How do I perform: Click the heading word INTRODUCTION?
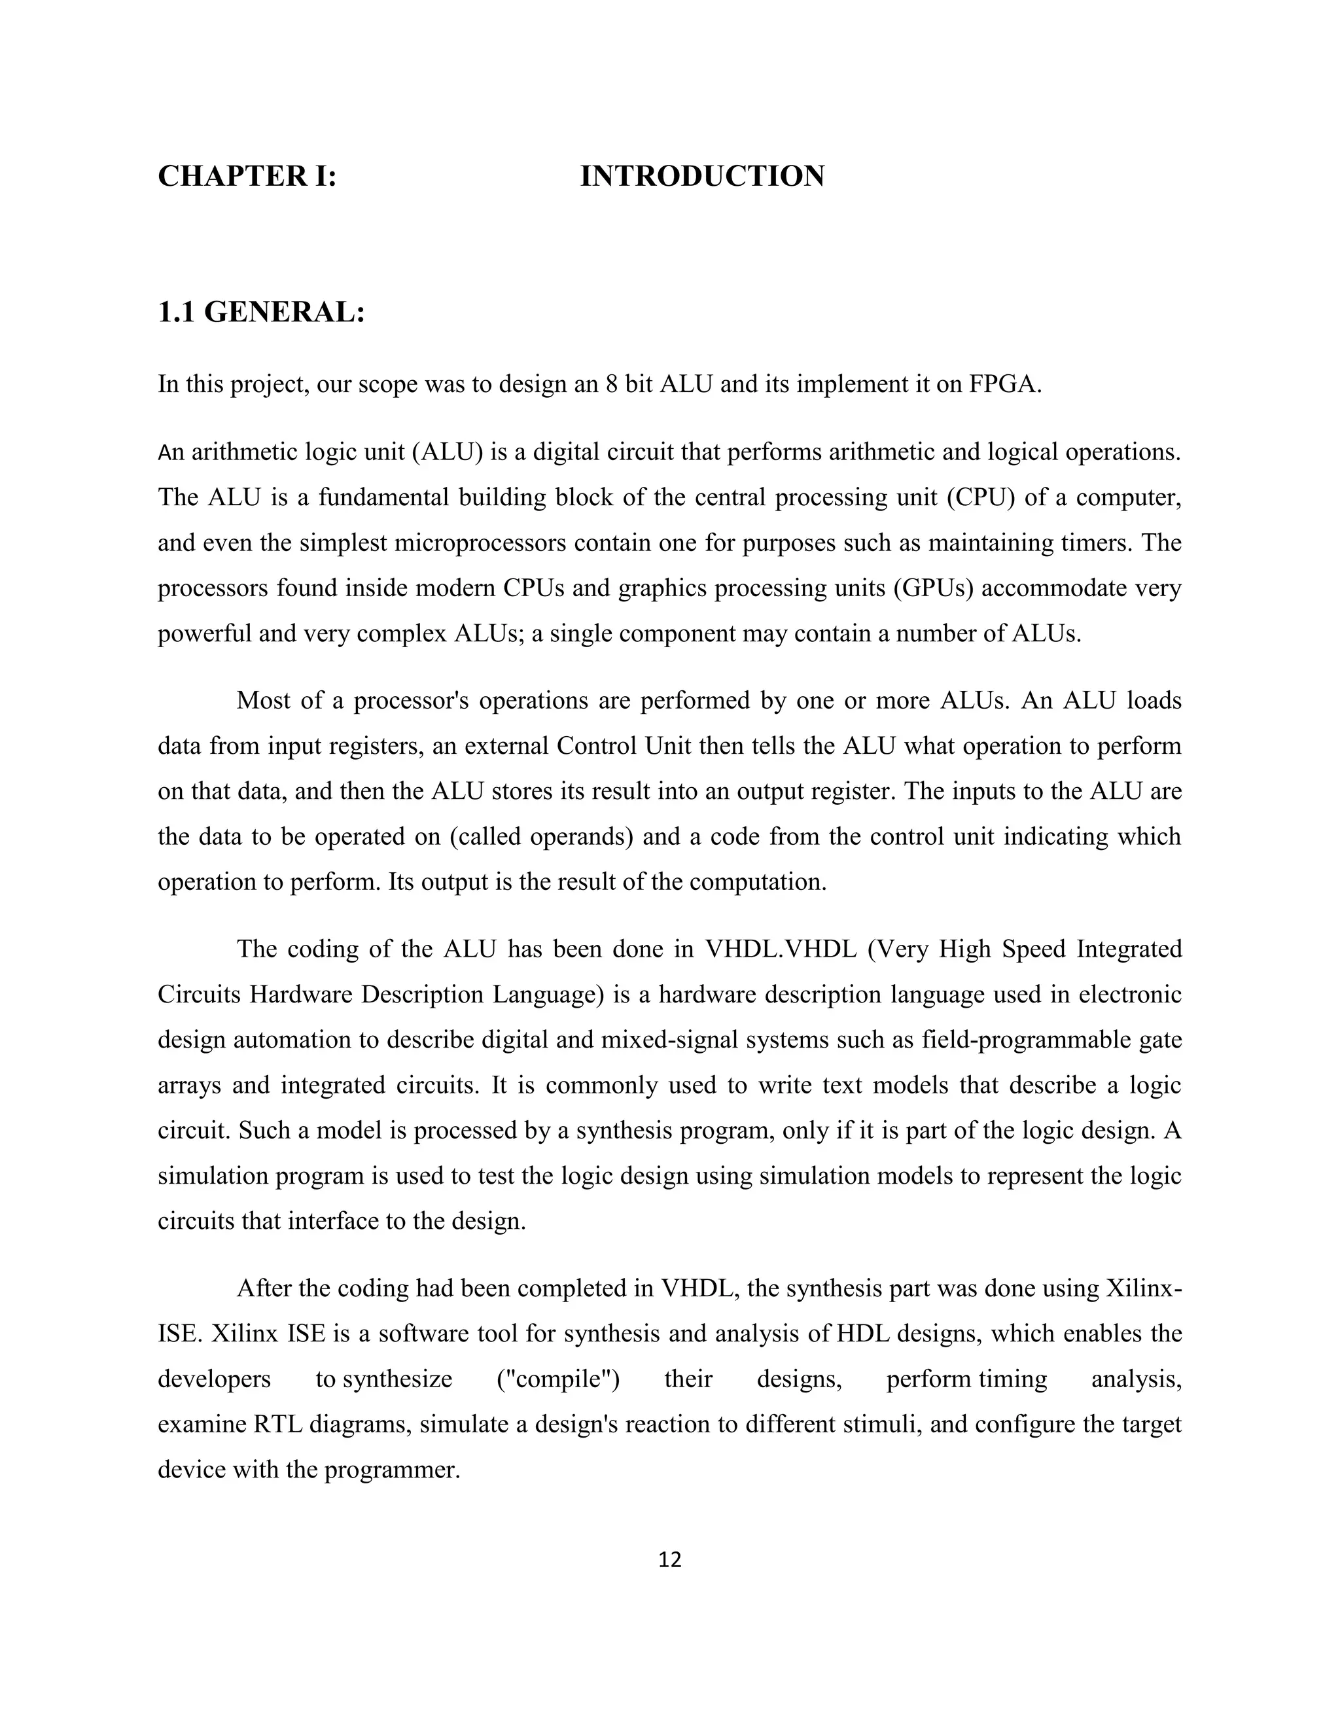702,176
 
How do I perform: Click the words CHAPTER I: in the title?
247,176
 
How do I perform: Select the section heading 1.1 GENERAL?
261,313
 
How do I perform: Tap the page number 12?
670,1560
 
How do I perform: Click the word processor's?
408,701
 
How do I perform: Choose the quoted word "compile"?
558,1379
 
